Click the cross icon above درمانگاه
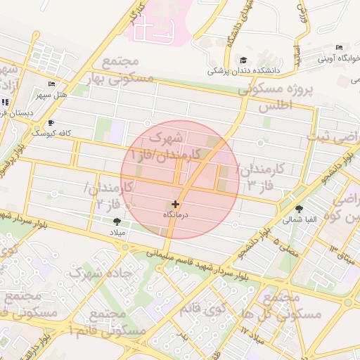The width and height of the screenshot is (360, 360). pyautogui.click(x=175, y=204)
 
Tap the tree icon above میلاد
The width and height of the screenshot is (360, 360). pyautogui.click(x=116, y=221)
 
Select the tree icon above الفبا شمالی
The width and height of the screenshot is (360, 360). pyautogui.click(x=300, y=209)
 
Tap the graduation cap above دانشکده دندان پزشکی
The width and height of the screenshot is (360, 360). pyautogui.click(x=243, y=60)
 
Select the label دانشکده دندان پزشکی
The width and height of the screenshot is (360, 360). pyautogui.click(x=243, y=71)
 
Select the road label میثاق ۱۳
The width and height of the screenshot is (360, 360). pyautogui.click(x=342, y=255)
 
